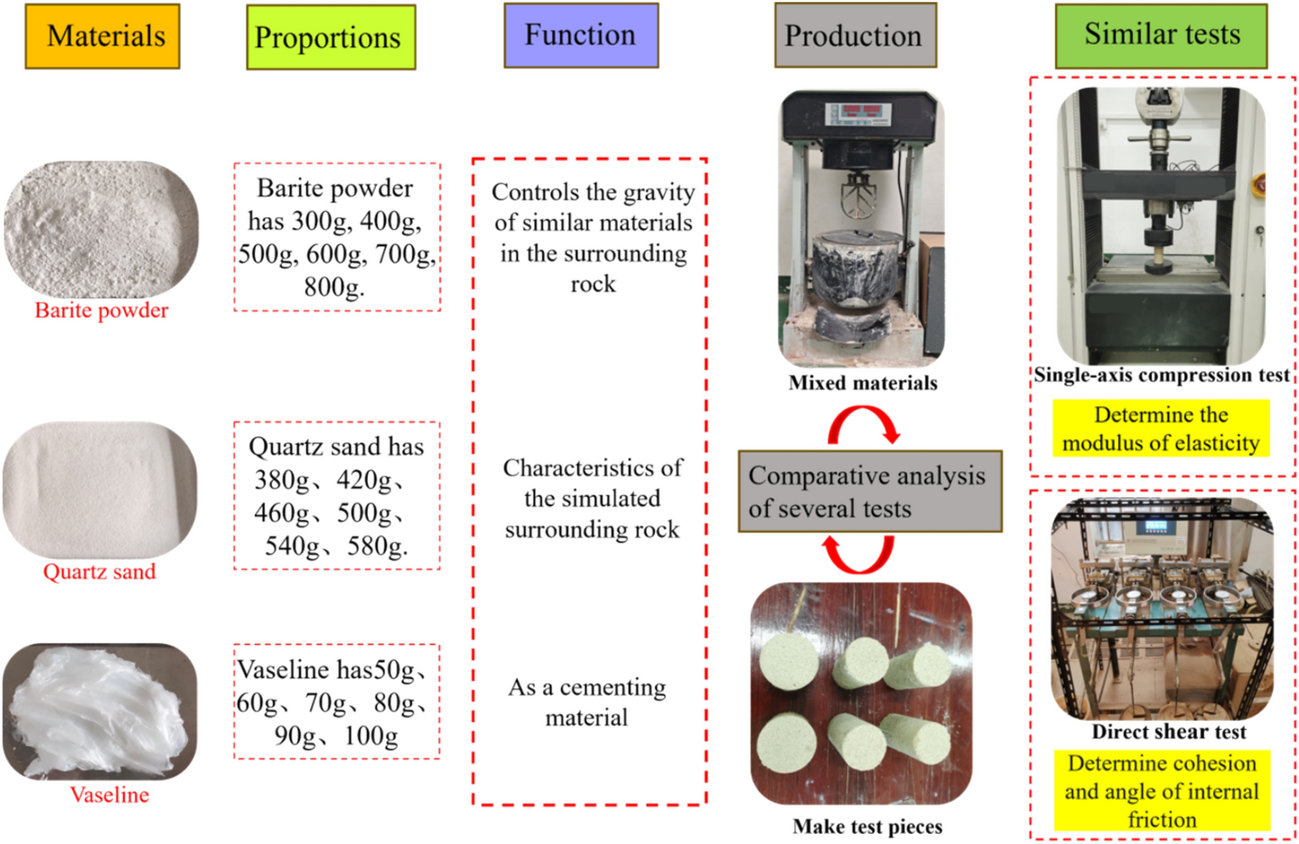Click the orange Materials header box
[x=103, y=36]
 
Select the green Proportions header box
[x=330, y=37]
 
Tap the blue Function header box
[x=581, y=35]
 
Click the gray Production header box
[x=854, y=36]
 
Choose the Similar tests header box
[x=1160, y=35]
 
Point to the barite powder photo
[x=101, y=229]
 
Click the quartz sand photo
[x=99, y=490]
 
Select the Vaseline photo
[x=99, y=711]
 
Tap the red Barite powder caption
[x=101, y=311]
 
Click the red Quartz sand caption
[x=99, y=572]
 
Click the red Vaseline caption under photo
[x=109, y=795]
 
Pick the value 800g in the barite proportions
[x=334, y=288]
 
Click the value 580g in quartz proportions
[x=377, y=545]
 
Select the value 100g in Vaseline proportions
[x=371, y=735]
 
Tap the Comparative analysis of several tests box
[x=869, y=492]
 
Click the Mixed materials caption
[x=862, y=383]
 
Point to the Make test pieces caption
[x=867, y=826]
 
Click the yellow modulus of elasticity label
[x=1160, y=429]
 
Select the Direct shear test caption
[x=1168, y=732]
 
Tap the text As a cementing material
[x=587, y=702]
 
